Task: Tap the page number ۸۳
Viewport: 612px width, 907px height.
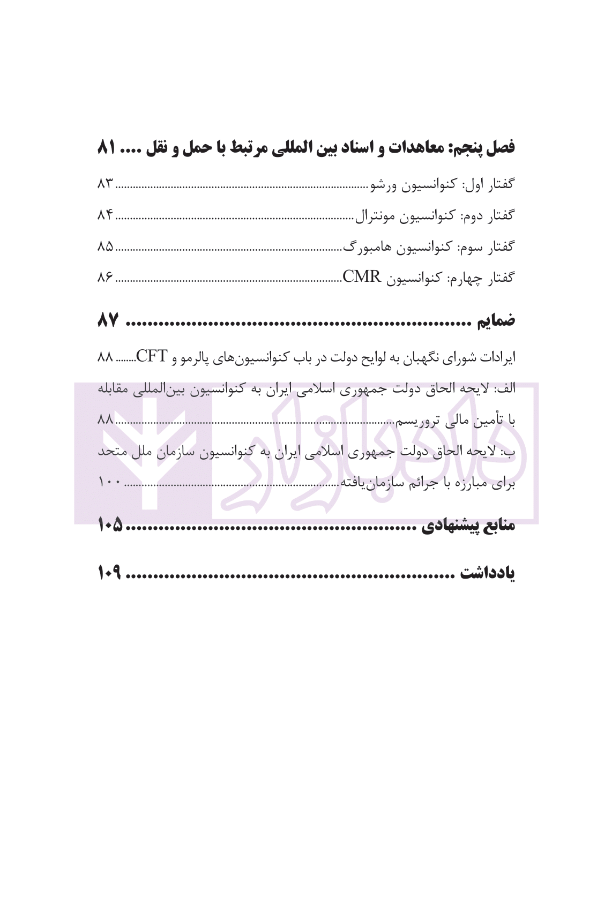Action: (x=106, y=184)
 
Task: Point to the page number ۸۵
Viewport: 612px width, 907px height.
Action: (x=106, y=246)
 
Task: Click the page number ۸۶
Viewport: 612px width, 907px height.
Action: (x=106, y=278)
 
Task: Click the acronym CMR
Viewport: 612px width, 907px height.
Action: (x=361, y=277)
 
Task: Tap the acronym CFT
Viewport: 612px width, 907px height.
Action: (x=153, y=356)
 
